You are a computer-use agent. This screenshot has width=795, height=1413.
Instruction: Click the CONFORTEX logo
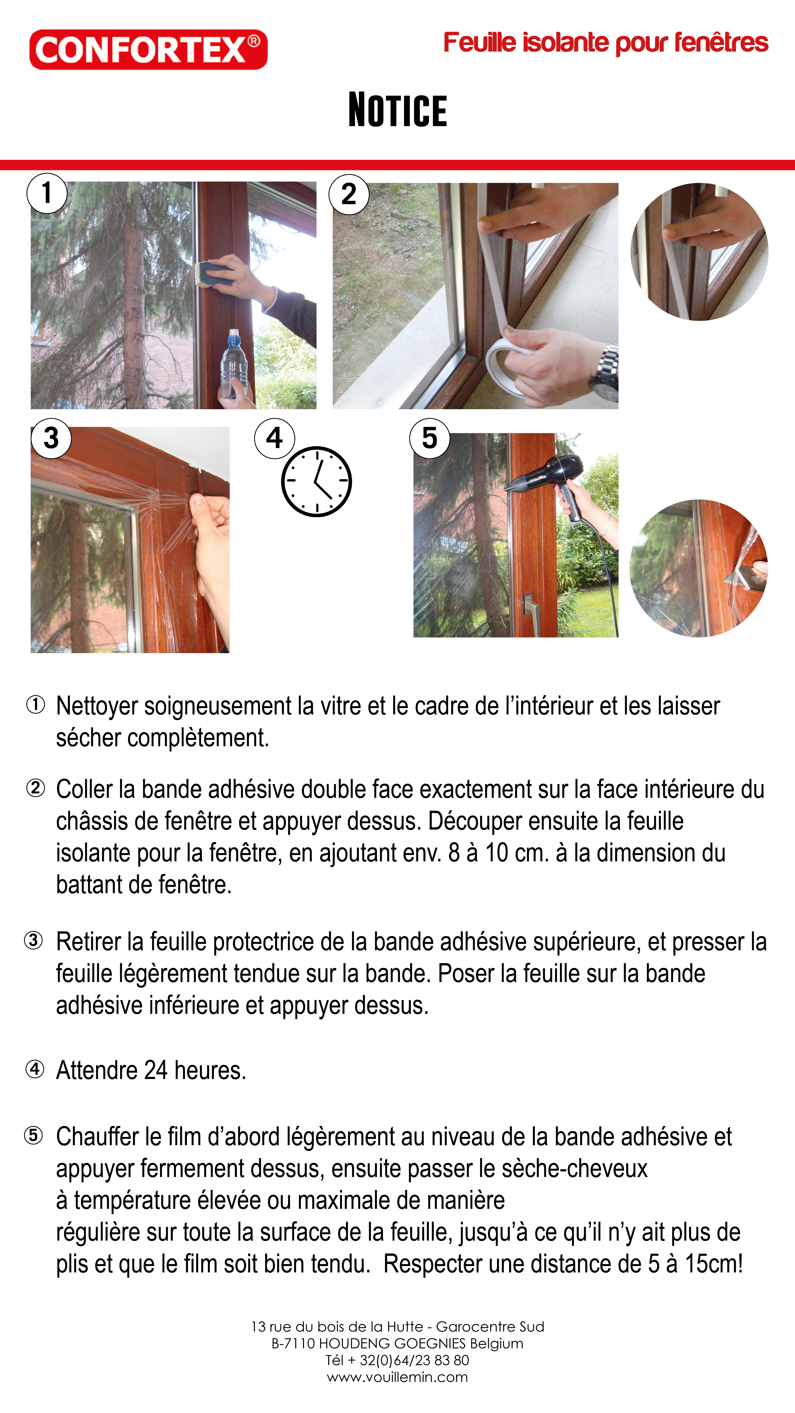pyautogui.click(x=148, y=49)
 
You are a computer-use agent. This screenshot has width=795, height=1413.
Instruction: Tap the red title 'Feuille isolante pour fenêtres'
pyautogui.click(x=606, y=43)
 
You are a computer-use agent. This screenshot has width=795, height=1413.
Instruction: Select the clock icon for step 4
pyautogui.click(x=317, y=481)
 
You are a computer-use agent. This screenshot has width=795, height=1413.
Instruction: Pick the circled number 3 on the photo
pyautogui.click(x=51, y=438)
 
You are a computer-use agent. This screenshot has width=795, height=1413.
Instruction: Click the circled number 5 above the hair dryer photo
pyautogui.click(x=430, y=438)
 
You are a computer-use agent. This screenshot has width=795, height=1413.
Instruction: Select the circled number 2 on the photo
pyautogui.click(x=349, y=194)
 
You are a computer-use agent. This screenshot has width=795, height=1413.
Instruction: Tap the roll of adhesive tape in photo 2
pyautogui.click(x=510, y=365)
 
